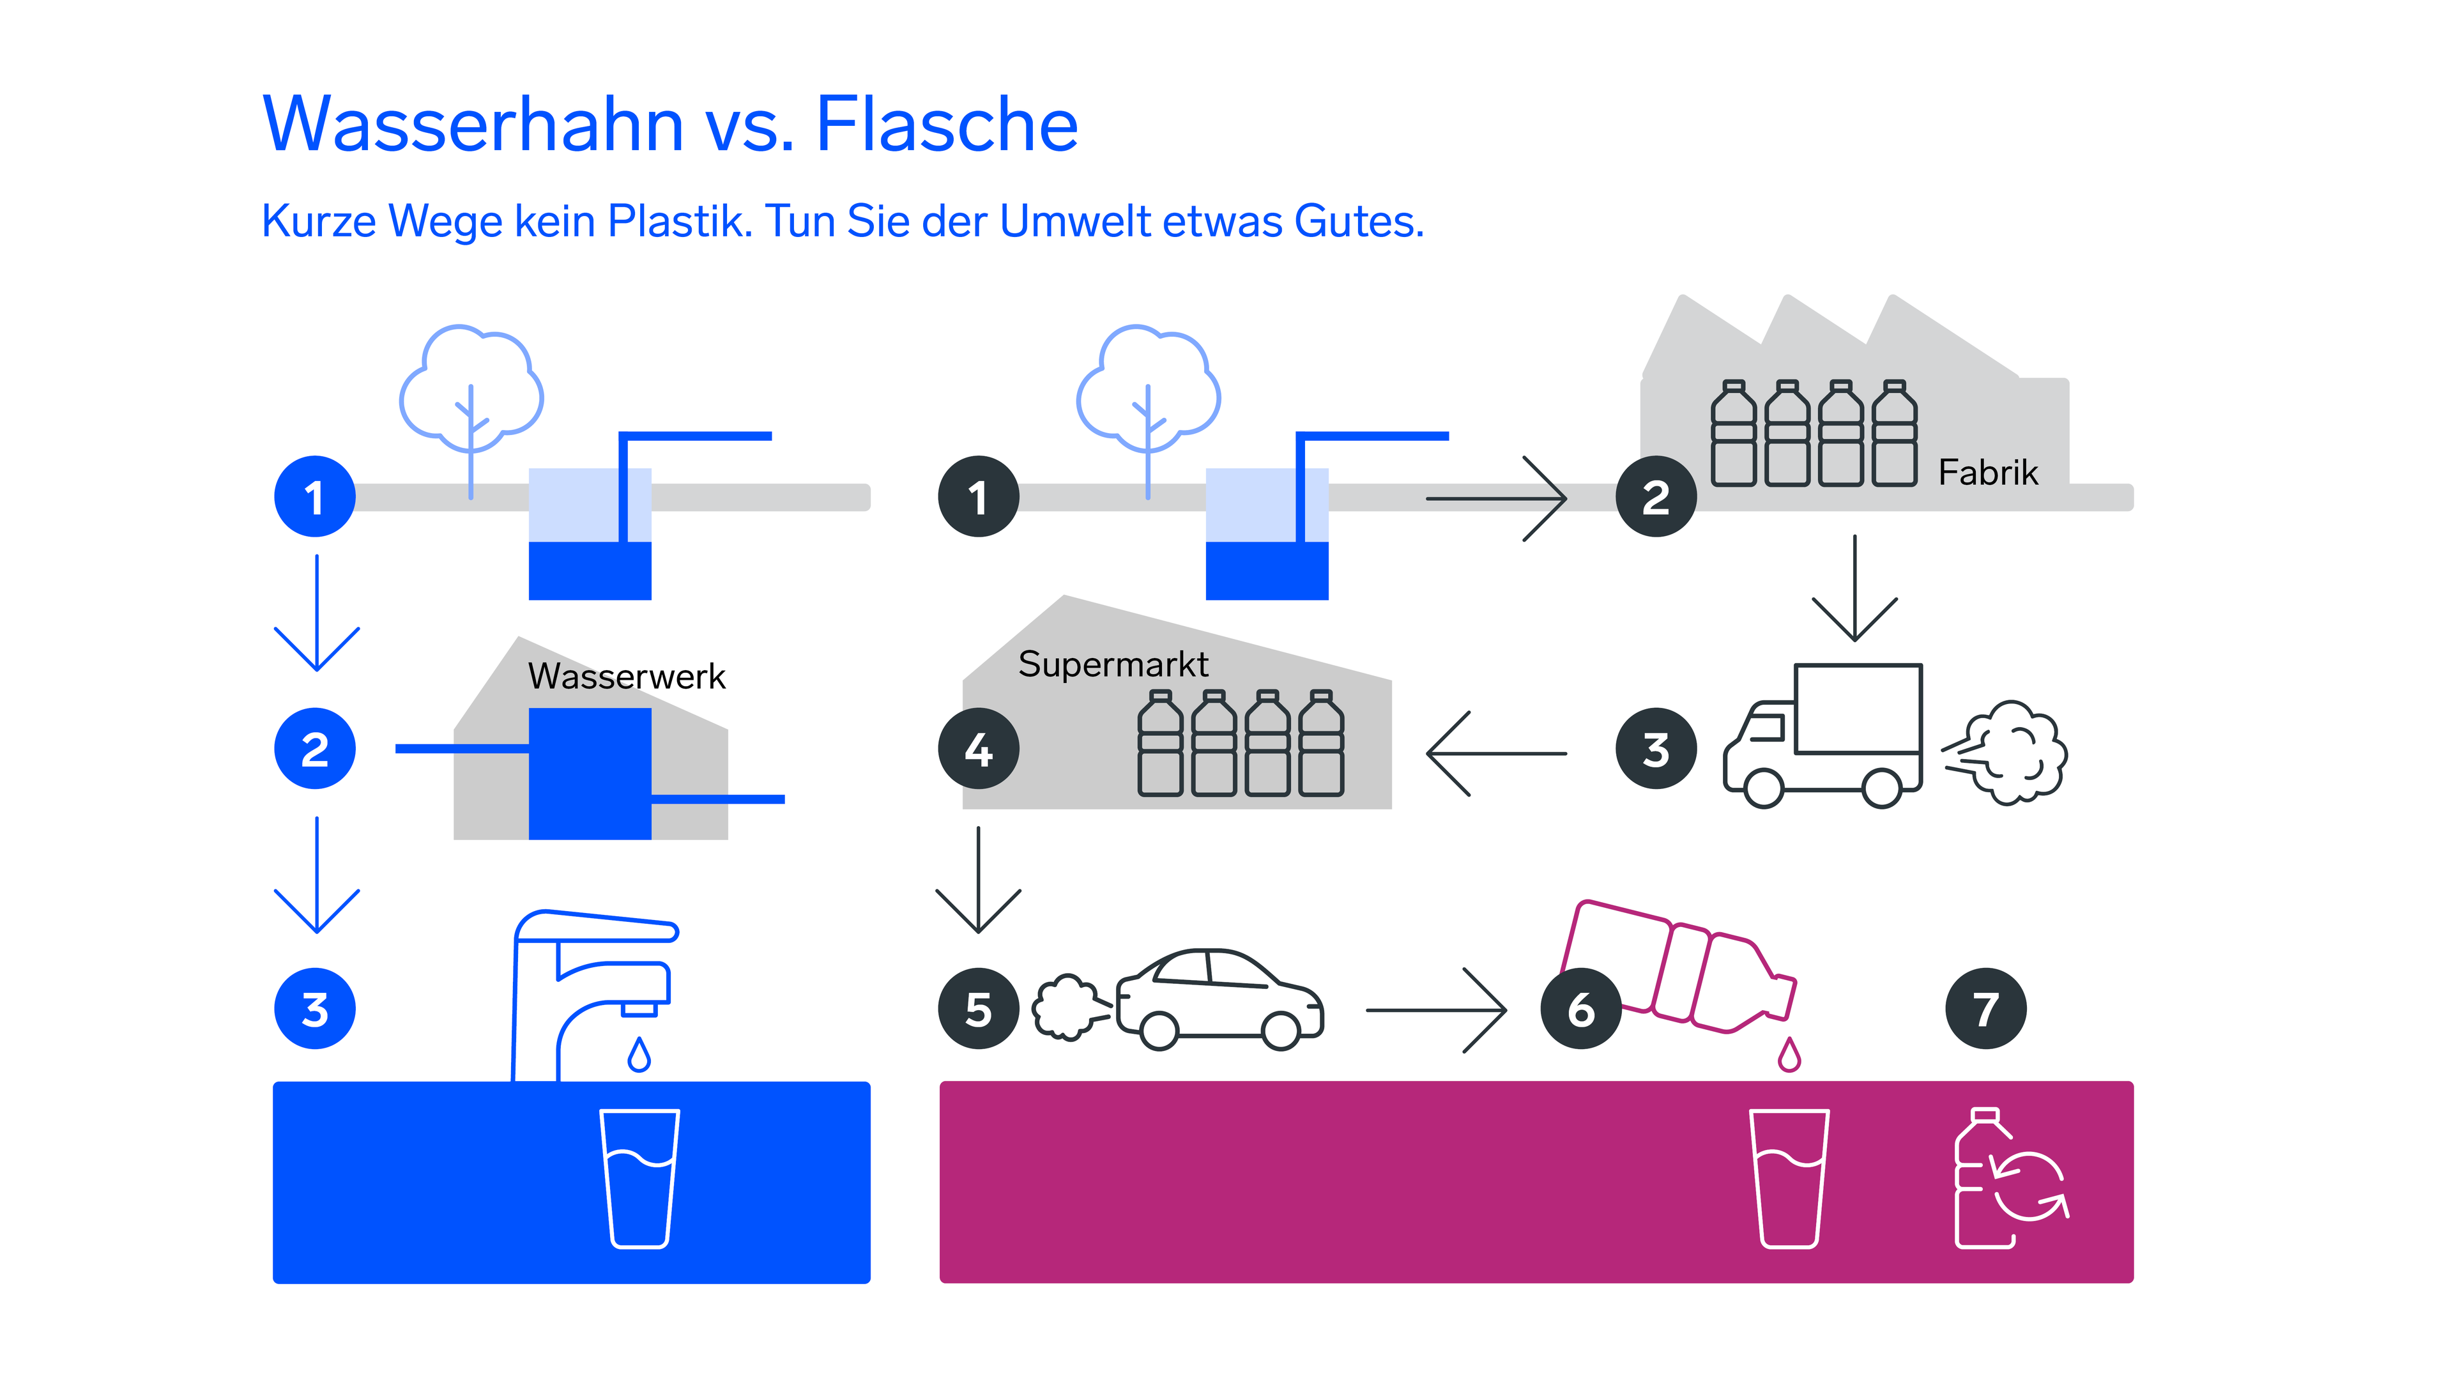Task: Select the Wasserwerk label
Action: pyautogui.click(x=627, y=676)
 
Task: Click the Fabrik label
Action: pyautogui.click(x=1989, y=472)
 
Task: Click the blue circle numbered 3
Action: pyautogui.click(x=314, y=1009)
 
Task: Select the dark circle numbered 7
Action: pyautogui.click(x=1985, y=1009)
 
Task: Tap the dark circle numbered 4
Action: pyautogui.click(x=978, y=749)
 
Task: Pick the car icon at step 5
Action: pyautogui.click(x=1219, y=1000)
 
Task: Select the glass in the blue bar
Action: pyautogui.click(x=639, y=1178)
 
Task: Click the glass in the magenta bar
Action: pyautogui.click(x=1789, y=1178)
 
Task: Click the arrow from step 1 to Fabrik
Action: pyautogui.click(x=1495, y=498)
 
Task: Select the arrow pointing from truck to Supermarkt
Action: pyautogui.click(x=1495, y=753)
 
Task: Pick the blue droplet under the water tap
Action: pyautogui.click(x=639, y=1055)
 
